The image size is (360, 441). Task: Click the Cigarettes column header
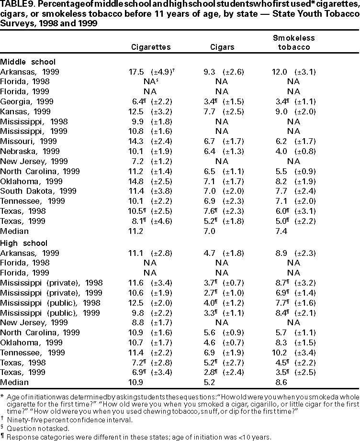click(151, 47)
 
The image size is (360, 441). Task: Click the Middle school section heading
click(28, 62)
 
